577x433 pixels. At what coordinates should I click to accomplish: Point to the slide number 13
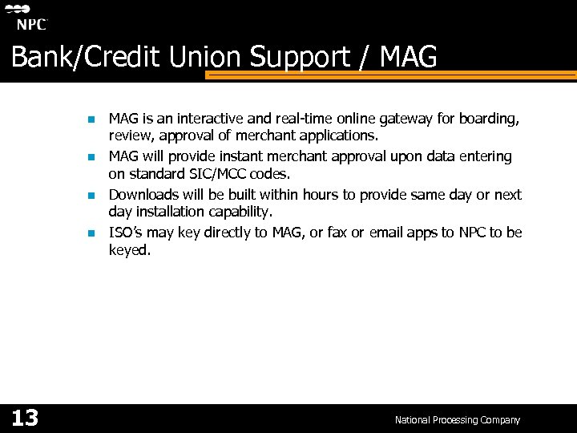tap(25, 418)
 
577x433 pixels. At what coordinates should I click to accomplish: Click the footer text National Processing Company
tap(457, 419)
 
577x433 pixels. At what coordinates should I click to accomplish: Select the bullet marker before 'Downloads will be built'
tap(91, 196)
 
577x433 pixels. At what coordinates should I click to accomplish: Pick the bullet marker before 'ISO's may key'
tap(91, 233)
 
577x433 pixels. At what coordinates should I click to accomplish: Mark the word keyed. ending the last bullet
tap(130, 250)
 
